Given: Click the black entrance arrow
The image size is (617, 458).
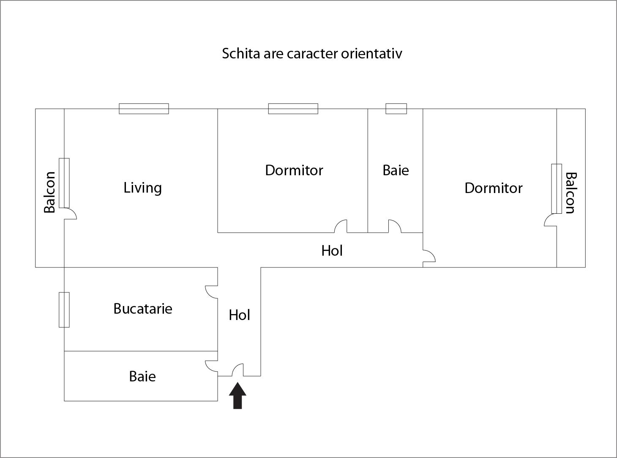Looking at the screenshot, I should [238, 396].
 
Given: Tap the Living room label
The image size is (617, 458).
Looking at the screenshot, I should [142, 188].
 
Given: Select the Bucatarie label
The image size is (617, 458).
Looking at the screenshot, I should [143, 309].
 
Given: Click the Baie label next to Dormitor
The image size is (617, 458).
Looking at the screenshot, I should [396, 170].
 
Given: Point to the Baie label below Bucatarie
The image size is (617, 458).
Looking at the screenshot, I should [142, 376].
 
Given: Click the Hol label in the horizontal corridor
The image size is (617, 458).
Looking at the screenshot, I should [332, 251].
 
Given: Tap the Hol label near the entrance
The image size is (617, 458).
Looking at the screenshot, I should [239, 315].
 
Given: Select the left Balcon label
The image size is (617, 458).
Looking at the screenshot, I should [50, 192].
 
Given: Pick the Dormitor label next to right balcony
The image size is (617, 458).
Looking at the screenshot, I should [493, 188].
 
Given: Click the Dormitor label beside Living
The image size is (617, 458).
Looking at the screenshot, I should [294, 170].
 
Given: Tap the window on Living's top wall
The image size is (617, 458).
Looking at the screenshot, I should [144, 109].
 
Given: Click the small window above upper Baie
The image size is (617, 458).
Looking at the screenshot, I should [396, 109].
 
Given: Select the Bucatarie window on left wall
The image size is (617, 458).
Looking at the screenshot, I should [64, 309].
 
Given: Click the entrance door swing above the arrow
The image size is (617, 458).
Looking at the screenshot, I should [238, 370].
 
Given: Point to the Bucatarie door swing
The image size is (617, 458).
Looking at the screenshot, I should [211, 292].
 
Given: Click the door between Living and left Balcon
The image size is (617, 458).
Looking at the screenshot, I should [71, 214].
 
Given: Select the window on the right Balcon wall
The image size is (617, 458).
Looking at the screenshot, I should [557, 189].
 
